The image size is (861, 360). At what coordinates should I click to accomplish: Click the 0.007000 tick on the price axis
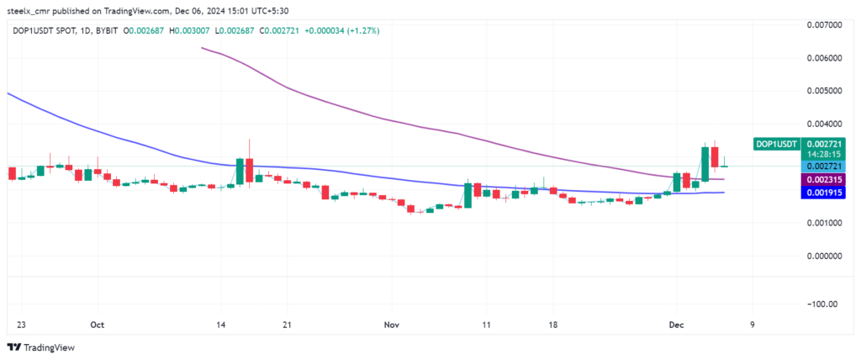[x=824, y=24]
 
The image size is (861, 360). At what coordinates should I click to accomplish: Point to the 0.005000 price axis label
[x=824, y=90]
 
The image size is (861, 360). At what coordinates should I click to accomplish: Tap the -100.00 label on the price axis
[x=827, y=304]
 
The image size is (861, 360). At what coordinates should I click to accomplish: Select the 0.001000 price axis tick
[x=824, y=223]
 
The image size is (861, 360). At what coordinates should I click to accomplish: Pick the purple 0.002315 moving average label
[x=824, y=180]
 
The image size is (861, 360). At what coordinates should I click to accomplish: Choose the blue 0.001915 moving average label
[x=824, y=193]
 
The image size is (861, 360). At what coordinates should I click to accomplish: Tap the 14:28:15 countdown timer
[x=824, y=156]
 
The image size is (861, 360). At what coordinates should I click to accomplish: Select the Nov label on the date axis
[x=391, y=324]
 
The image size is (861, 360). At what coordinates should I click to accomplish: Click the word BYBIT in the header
[x=105, y=30]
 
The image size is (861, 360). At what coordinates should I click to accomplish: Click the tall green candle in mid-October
[x=240, y=171]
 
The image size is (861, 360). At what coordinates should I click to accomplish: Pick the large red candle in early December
[x=715, y=156]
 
